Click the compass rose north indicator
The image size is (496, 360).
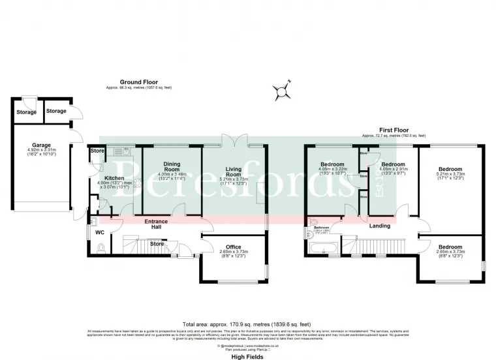click(x=283, y=90)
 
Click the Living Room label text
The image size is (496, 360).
click(x=233, y=171)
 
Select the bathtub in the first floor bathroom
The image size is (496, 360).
click(x=323, y=248)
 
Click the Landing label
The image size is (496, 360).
click(x=379, y=226)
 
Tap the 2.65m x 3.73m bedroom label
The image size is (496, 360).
click(x=450, y=247)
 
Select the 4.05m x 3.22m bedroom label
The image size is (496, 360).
click(x=333, y=164)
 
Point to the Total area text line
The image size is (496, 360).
click(x=247, y=323)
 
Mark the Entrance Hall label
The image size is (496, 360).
click(x=156, y=222)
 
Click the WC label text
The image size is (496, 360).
click(x=100, y=232)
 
